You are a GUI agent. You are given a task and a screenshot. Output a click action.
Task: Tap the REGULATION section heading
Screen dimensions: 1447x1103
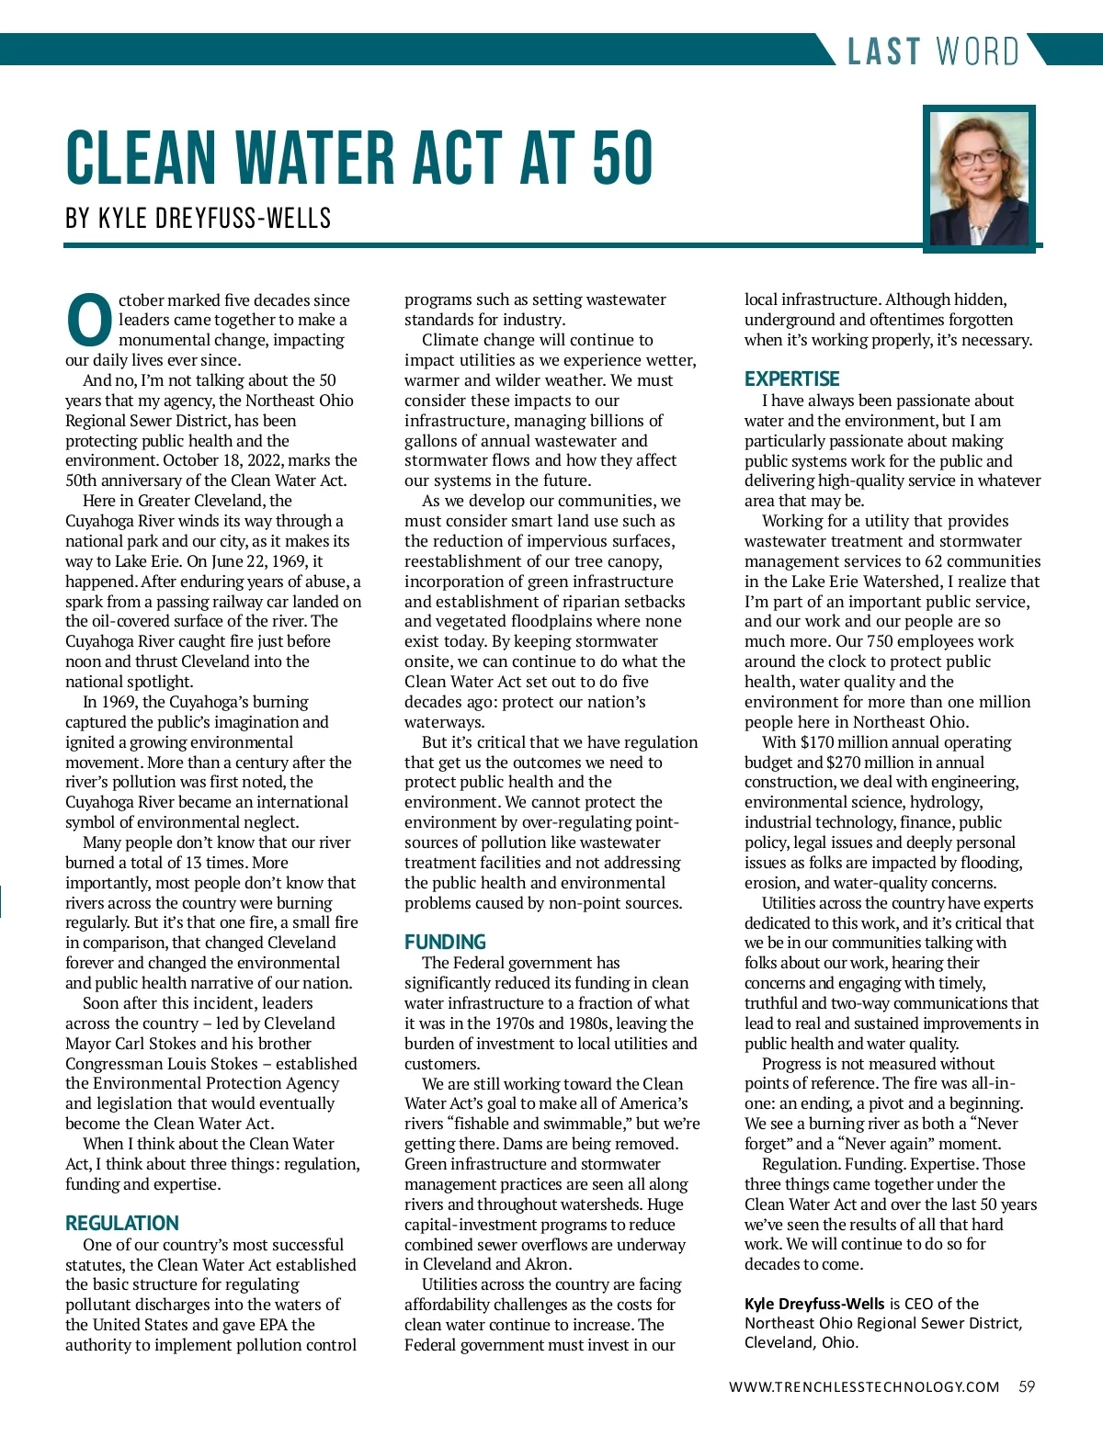121,1223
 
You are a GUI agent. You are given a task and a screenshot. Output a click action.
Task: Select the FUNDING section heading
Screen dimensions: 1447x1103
445,942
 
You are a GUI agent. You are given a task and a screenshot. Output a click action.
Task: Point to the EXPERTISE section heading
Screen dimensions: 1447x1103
791,379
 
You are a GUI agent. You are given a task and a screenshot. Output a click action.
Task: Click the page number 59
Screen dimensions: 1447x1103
1027,1386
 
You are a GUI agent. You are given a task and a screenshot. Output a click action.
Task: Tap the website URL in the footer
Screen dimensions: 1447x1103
863,1387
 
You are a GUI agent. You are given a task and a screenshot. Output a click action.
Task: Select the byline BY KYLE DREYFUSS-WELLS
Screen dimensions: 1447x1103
198,219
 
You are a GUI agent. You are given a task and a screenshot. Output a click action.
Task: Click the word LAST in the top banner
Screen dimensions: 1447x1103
883,51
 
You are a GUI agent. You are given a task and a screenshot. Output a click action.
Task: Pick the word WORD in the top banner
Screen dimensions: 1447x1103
977,51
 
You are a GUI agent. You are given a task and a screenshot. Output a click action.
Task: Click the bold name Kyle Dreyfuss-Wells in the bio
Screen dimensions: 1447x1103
814,1304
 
